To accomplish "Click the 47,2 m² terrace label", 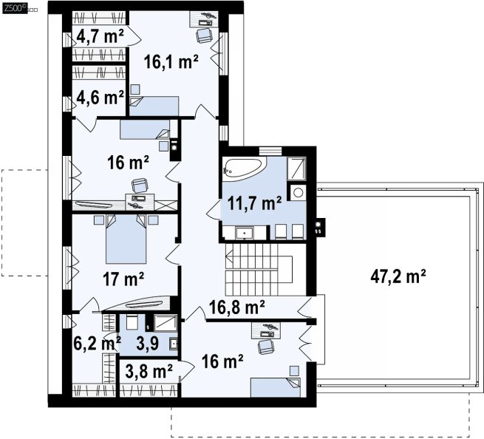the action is tap(398, 276).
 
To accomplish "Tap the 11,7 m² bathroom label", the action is tap(254, 203).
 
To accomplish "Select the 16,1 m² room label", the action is tap(171, 61).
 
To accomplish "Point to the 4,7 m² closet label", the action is tap(100, 36).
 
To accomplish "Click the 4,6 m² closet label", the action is tap(100, 98).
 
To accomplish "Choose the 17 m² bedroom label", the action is tap(123, 279).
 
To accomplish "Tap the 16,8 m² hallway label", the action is tap(236, 307).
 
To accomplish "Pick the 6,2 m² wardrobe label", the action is tap(97, 343).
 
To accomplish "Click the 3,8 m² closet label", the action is tap(149, 371).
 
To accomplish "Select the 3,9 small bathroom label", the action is tap(147, 343).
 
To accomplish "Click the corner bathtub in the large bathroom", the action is tap(244, 169).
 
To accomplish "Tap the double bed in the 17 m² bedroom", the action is tap(126, 239).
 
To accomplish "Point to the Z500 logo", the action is tap(14, 8).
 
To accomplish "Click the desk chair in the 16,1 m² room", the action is tap(204, 35).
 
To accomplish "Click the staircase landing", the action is tap(285, 269).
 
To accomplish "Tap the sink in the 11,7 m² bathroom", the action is tap(245, 233).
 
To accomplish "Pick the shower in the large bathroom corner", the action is tap(296, 169).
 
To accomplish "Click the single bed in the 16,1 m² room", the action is tap(154, 106).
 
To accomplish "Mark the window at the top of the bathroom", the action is tap(270, 151).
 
